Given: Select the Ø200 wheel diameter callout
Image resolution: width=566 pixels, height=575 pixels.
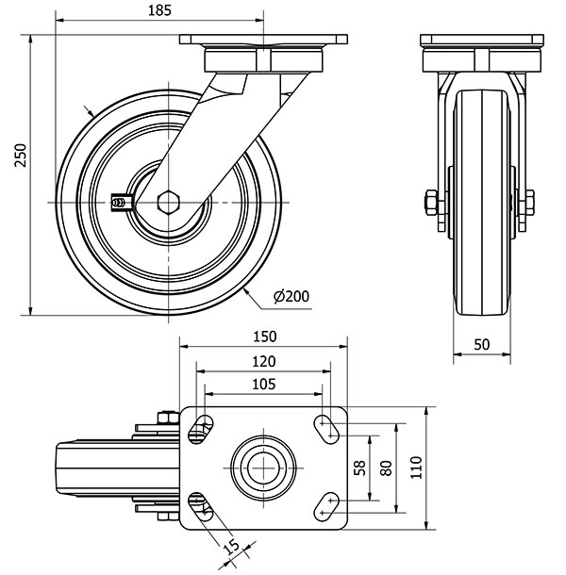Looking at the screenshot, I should pos(291,297).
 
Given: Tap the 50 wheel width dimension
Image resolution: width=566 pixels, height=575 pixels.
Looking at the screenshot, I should pos(481,345).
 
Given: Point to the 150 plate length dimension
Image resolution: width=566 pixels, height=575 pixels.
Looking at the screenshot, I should pos(264,337).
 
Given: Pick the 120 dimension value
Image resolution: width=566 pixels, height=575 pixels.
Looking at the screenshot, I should pos(264,361).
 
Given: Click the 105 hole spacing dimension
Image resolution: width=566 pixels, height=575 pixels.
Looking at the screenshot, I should pos(264,384).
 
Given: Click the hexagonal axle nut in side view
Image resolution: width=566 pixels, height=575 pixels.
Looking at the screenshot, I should pos(171,202).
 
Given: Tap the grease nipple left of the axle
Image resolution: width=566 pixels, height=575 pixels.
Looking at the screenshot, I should pos(119,201).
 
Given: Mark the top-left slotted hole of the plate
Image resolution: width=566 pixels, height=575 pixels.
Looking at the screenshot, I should pos(200,430).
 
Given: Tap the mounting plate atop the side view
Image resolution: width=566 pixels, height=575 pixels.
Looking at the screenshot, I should pos(264,43).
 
